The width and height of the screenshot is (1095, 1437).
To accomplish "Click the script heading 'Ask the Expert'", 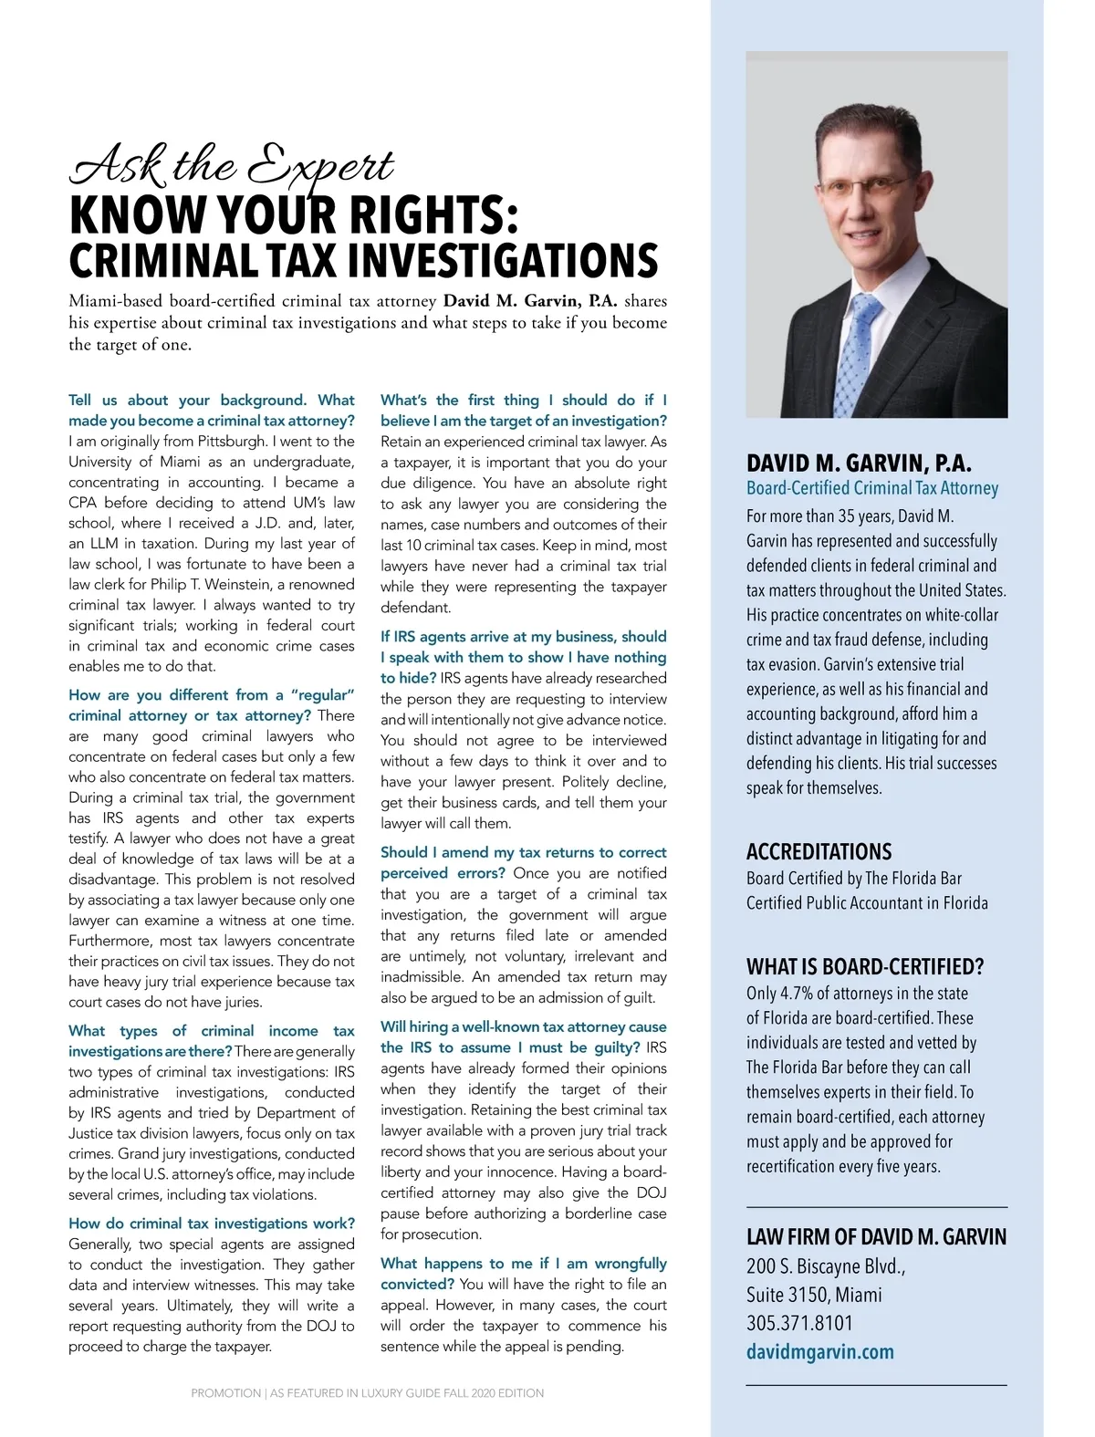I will point(233,165).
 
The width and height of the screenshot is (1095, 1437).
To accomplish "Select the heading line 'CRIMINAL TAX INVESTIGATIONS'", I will point(363,260).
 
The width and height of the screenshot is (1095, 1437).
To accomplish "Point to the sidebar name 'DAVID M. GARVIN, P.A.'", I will point(859,463).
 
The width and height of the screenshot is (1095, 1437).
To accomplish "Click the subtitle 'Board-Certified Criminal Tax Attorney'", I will point(872,488).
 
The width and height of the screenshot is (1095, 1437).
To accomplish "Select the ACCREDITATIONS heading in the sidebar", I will point(819,851).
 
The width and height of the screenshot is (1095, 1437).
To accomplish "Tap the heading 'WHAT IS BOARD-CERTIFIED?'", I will point(865,966).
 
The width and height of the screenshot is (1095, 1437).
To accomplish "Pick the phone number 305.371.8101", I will point(799,1323).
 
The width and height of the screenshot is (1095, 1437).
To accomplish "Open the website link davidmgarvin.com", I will point(819,1351).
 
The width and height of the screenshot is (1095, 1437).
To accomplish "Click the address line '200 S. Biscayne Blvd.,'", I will point(826,1266).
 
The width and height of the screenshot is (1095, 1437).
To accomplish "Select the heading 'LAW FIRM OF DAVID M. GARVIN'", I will point(876,1237).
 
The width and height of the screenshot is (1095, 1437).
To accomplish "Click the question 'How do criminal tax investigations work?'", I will point(212,1224).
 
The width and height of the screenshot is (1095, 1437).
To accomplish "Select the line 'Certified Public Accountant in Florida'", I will point(867,902).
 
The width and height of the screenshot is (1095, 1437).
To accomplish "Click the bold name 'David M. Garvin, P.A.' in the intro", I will point(530,301).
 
